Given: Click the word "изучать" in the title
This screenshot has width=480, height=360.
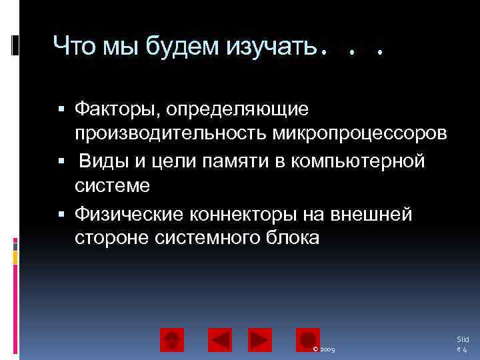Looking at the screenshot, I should tap(269, 47).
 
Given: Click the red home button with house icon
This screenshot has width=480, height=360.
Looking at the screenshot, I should tap(172, 340).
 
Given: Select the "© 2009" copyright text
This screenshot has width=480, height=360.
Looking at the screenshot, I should tap(327, 349).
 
